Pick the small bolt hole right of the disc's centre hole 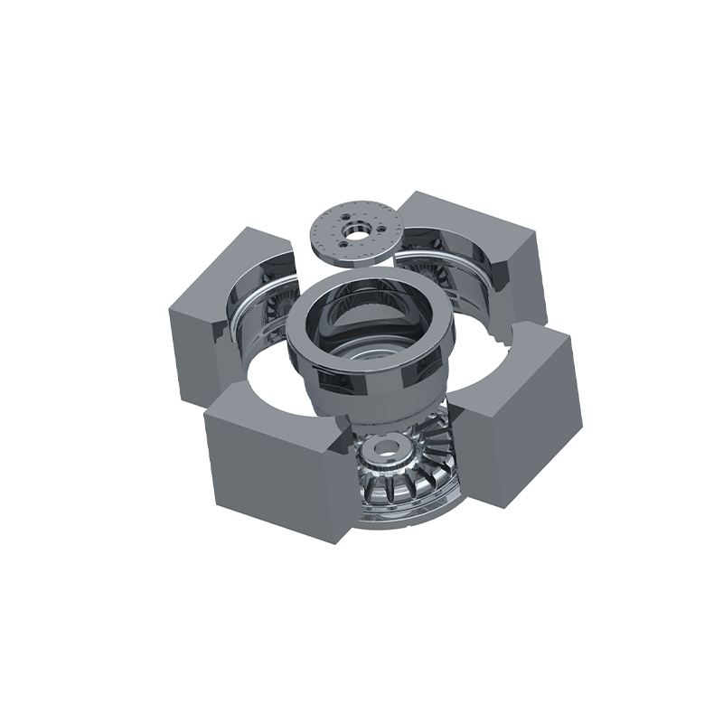coord(372,228)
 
